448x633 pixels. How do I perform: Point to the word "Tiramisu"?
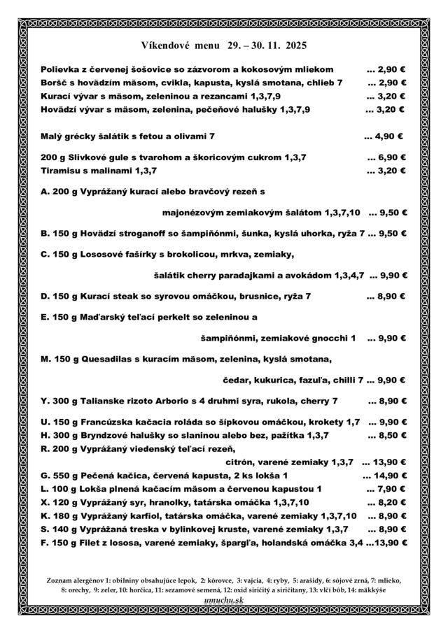pyautogui.click(x=62, y=170)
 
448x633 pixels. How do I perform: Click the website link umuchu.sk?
pyautogui.click(x=224, y=600)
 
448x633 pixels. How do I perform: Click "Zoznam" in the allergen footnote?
pyautogui.click(x=60, y=581)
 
